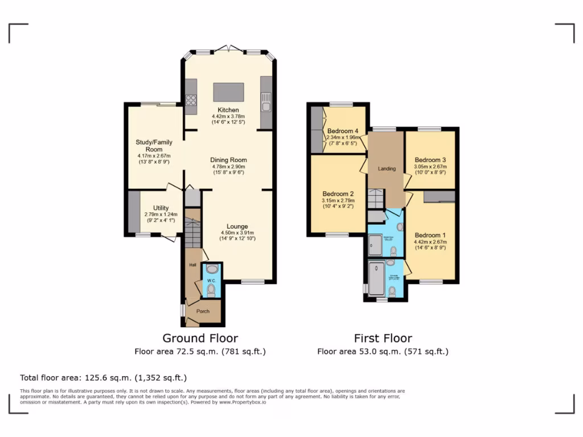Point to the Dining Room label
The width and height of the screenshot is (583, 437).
pos(228,160)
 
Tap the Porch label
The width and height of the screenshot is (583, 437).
pos(203,311)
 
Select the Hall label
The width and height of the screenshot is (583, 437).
pos(193,265)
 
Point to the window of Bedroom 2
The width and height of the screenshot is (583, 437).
pos(337,234)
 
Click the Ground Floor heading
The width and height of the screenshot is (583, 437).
pos(200,339)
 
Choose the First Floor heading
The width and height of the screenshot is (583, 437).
pos(383,339)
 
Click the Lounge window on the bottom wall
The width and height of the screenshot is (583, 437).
pos(252,281)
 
